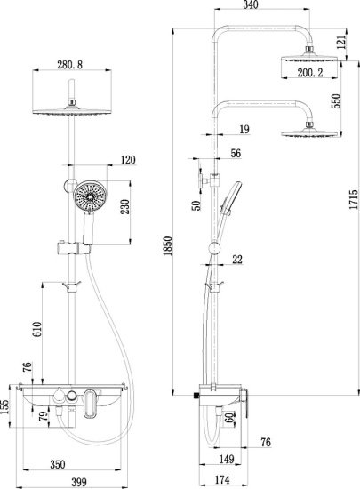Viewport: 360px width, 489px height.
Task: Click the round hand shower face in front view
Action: click(x=91, y=197)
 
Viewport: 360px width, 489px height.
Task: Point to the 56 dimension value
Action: click(x=235, y=153)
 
